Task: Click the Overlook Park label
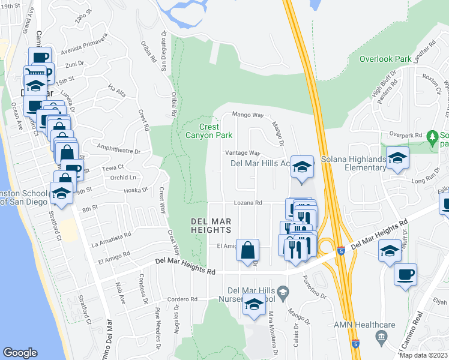click(385, 59)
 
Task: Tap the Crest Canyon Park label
click(215, 130)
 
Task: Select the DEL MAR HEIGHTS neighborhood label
click(211, 225)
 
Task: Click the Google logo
click(20, 352)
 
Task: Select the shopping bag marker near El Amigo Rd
click(247, 251)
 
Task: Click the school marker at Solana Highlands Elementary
click(397, 159)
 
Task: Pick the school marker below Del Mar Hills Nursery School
click(254, 305)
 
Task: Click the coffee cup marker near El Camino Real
click(405, 275)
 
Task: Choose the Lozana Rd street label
click(249, 203)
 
